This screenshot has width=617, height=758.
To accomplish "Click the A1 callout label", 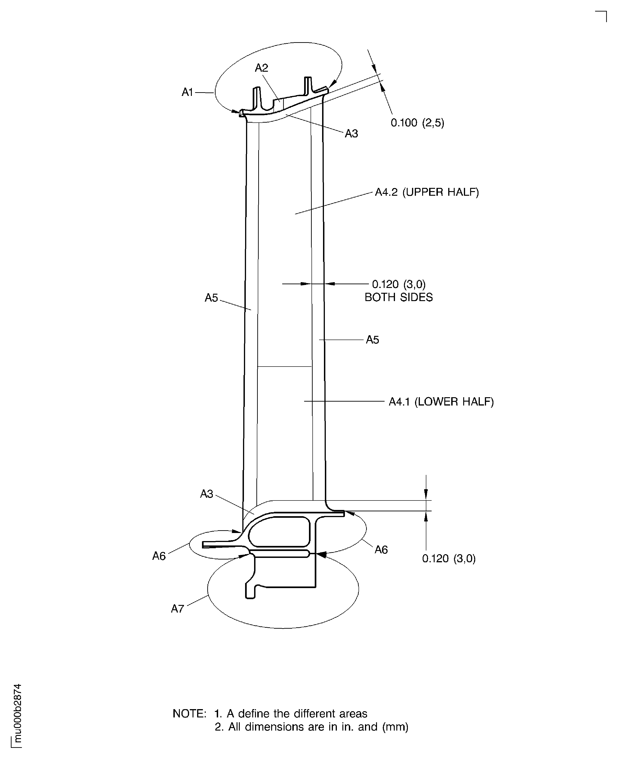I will click(187, 92).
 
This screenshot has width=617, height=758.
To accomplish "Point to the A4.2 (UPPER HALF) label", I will click(427, 192).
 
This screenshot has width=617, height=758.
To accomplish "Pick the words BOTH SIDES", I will click(398, 297).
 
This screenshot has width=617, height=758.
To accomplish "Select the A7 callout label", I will click(177, 609).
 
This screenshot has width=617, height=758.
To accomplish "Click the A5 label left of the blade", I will click(211, 298).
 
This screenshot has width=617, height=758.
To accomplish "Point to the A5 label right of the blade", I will click(372, 340).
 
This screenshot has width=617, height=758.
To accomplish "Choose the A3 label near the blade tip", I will click(351, 134).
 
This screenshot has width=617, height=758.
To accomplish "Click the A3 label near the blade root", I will click(207, 494).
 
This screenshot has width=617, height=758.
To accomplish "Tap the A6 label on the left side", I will click(159, 556).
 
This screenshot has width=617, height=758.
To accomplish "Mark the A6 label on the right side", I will click(381, 550).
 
